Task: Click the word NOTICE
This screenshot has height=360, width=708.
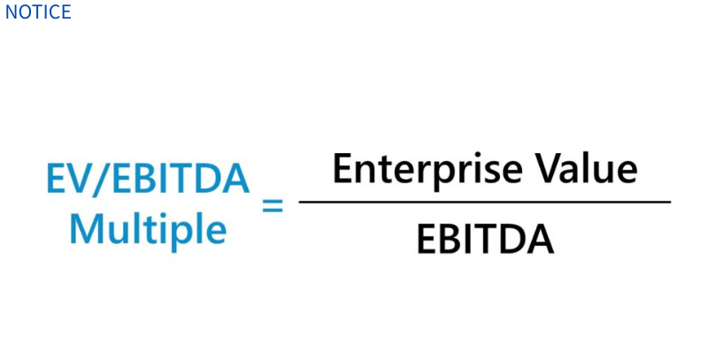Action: pos(38,11)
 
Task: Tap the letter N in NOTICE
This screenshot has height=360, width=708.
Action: pos(11,11)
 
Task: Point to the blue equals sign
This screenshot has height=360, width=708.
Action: pos(273,205)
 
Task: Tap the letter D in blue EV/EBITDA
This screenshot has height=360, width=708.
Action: pos(209,179)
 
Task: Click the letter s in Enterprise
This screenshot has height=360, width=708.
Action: pos(490,172)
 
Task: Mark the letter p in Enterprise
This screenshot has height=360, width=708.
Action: pos(421,176)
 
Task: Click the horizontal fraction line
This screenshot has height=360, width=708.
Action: pos(484,202)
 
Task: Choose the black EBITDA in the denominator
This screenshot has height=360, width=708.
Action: pos(485,239)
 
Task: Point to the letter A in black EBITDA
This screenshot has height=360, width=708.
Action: pos(540,239)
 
